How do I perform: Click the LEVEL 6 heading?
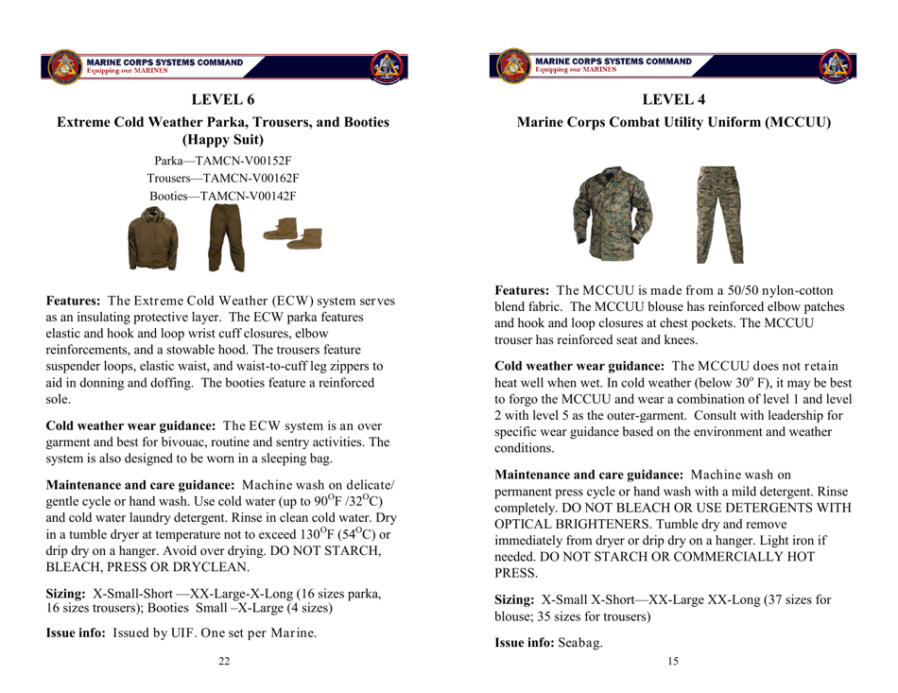[224, 99]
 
